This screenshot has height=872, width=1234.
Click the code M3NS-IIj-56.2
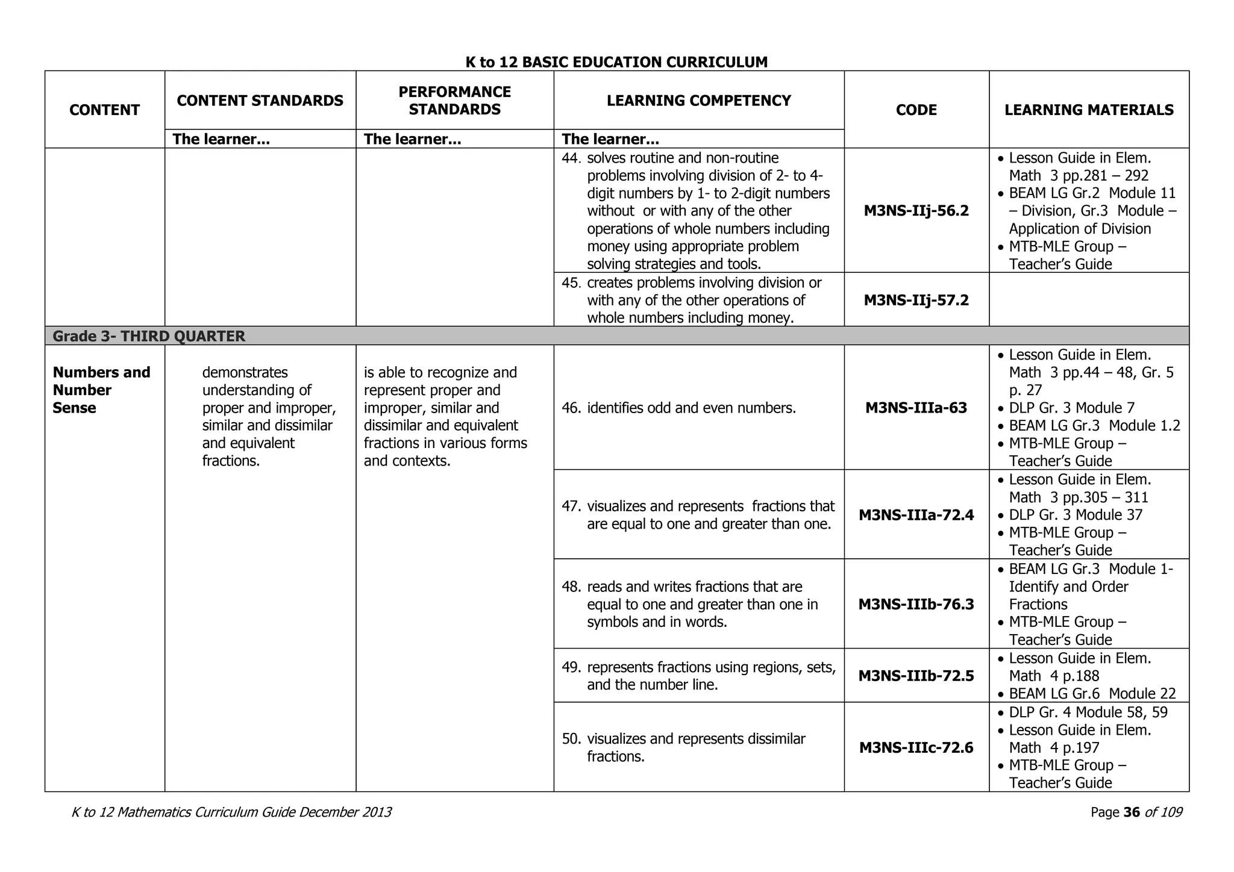click(916, 211)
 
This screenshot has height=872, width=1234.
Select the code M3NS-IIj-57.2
click(916, 300)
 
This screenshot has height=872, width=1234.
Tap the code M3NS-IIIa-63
click(916, 408)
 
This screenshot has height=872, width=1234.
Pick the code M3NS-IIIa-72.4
click(916, 515)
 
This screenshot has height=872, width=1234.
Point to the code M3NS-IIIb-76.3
click(916, 604)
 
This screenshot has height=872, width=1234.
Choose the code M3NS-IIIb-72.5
click(916, 676)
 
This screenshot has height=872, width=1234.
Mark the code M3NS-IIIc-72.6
click(916, 747)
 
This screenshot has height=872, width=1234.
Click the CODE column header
click(916, 110)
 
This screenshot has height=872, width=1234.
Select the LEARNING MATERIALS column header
click(1089, 110)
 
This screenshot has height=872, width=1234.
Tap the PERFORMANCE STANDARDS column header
click(454, 101)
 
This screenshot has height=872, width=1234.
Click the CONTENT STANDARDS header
click(260, 101)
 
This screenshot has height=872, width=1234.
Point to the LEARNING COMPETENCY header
click(698, 101)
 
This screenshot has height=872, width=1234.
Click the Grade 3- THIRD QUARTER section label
click(149, 336)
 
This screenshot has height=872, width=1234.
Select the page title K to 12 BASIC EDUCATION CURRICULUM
click(616, 62)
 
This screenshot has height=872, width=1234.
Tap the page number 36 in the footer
click(1132, 812)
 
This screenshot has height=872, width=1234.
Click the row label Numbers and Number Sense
click(101, 390)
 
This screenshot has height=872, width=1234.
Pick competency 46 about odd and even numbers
click(691, 408)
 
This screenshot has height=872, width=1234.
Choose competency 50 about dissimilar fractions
click(695, 747)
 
